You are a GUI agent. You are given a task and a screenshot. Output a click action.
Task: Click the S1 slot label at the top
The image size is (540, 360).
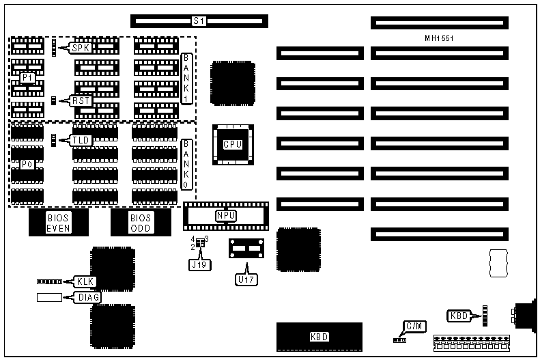[x=199, y=21]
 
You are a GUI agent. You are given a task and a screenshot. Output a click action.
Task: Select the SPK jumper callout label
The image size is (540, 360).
[x=81, y=48]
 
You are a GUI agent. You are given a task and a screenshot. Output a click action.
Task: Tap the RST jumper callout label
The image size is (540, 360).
[x=81, y=100]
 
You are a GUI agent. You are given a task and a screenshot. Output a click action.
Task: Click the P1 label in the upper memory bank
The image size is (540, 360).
[x=27, y=78]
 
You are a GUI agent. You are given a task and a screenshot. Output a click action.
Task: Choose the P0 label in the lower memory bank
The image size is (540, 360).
[x=27, y=165]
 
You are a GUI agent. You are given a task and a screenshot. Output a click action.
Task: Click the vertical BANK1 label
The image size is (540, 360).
[x=187, y=79]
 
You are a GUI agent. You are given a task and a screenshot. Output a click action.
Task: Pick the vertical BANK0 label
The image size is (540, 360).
[x=187, y=165]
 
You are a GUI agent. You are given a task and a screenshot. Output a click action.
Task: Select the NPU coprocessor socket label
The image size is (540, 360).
[x=226, y=216]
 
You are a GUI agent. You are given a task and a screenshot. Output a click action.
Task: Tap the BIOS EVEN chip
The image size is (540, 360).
[x=59, y=223]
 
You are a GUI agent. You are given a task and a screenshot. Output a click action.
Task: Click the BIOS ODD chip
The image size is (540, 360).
[x=141, y=223]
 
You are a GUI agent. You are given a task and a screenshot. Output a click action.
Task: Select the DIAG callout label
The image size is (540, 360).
[x=89, y=297]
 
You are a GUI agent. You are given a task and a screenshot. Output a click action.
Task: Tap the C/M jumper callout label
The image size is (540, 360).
[x=414, y=327]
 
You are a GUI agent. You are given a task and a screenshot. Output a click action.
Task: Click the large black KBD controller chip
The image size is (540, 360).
[x=319, y=337]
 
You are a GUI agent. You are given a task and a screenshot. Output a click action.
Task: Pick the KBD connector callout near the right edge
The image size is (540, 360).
[x=459, y=316]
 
